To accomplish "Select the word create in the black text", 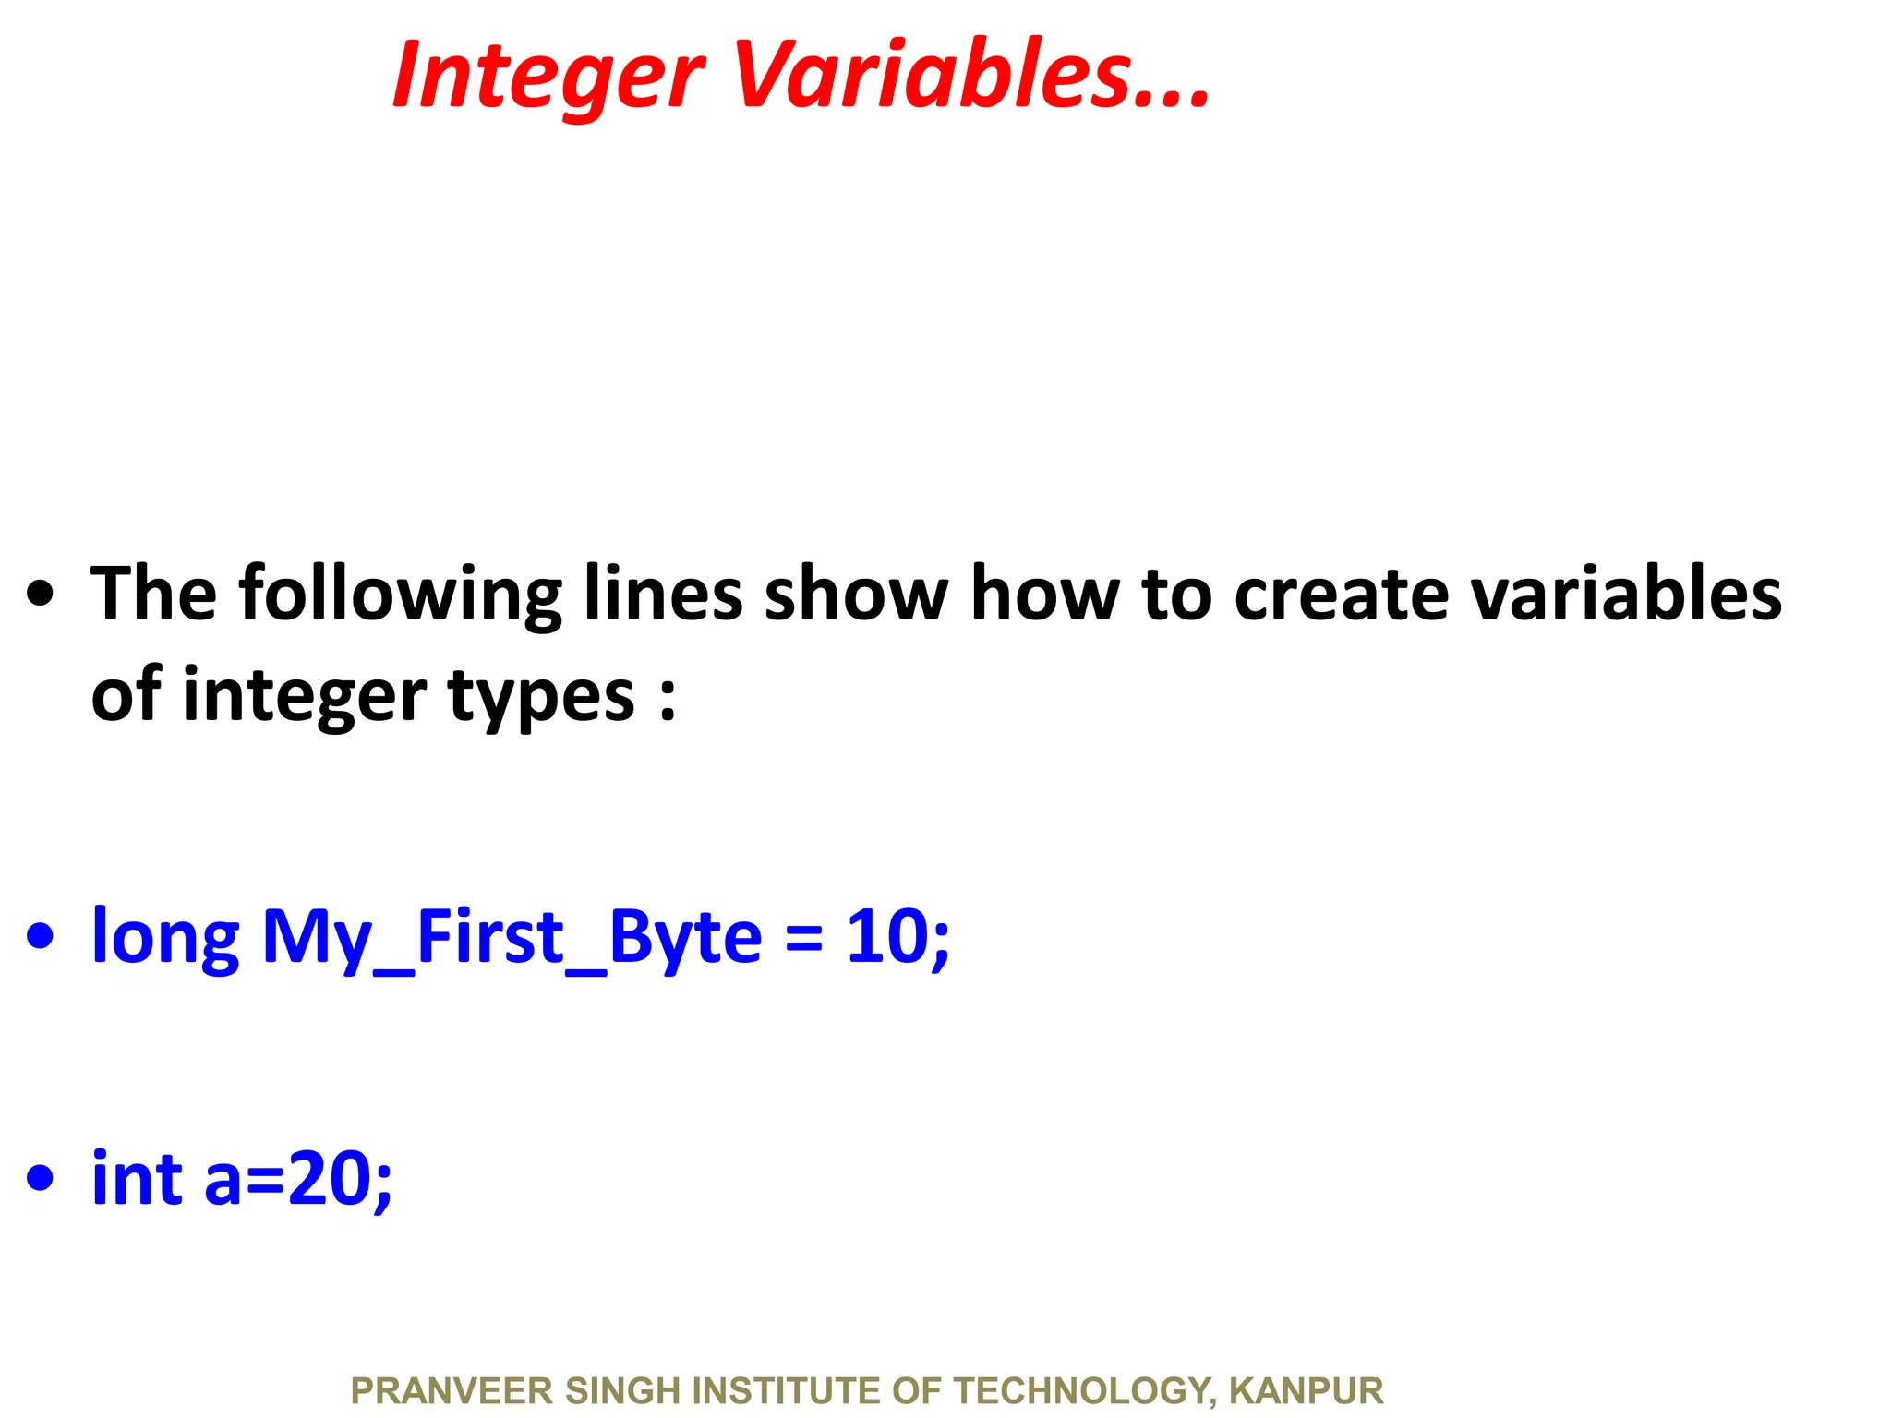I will pos(1341,594).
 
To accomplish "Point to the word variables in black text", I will pos(1625,594).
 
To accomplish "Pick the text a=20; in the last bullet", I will pos(298,1180).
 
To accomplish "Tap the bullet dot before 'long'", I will pos(41,937).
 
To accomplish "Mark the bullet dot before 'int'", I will pos(41,1179).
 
